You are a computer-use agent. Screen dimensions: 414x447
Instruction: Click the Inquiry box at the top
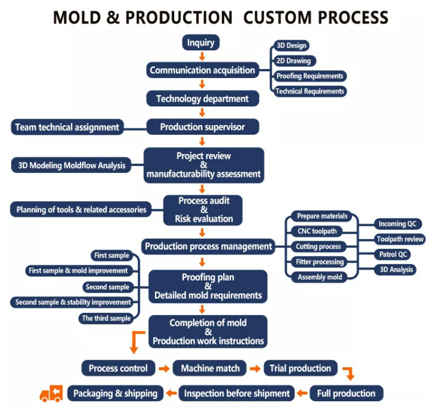201,43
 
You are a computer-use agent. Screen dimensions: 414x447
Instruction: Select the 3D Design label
291,46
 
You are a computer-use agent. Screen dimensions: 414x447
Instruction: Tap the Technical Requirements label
309,91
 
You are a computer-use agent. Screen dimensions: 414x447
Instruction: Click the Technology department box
203,98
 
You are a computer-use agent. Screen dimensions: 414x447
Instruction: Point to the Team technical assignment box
67,127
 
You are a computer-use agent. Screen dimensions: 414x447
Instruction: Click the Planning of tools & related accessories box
81,210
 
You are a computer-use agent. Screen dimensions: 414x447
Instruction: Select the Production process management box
208,247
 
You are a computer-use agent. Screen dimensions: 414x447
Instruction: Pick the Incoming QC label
397,224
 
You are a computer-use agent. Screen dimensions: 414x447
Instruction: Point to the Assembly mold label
318,277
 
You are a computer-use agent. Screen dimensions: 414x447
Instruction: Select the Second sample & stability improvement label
73,302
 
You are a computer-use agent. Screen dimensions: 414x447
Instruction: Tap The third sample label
106,318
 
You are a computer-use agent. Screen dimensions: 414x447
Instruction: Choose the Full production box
346,394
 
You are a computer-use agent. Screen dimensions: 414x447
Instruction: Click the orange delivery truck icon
51,394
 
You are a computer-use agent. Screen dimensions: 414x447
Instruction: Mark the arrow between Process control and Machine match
164,369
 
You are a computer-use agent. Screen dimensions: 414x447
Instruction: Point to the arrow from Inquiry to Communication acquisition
202,56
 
